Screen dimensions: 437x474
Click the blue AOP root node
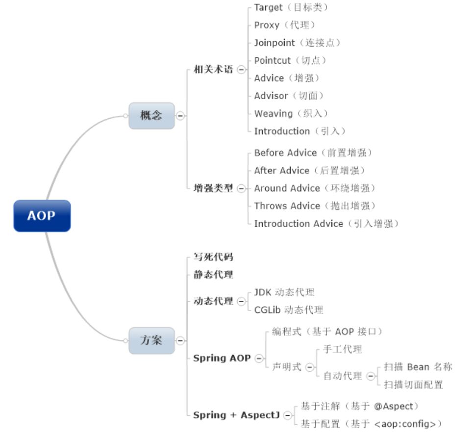(x=42, y=216)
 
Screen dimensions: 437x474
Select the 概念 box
(x=151, y=116)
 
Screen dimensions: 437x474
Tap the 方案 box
(x=151, y=340)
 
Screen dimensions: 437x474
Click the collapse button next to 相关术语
(x=241, y=70)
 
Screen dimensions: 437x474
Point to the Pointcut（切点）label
(x=290, y=60)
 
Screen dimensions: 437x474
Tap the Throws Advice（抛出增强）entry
(x=314, y=206)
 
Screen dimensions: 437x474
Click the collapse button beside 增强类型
(x=241, y=188)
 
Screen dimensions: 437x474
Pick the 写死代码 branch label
(x=213, y=257)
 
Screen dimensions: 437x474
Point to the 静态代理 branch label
(x=213, y=275)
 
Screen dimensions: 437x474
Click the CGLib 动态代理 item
(x=288, y=310)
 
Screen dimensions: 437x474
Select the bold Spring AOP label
(x=222, y=358)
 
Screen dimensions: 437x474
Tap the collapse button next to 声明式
(x=310, y=367)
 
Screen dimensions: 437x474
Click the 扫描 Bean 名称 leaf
(x=418, y=367)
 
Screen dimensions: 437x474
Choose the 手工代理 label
(x=343, y=350)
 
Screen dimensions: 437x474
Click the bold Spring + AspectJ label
(x=236, y=415)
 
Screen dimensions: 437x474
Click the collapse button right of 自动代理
(x=371, y=376)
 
